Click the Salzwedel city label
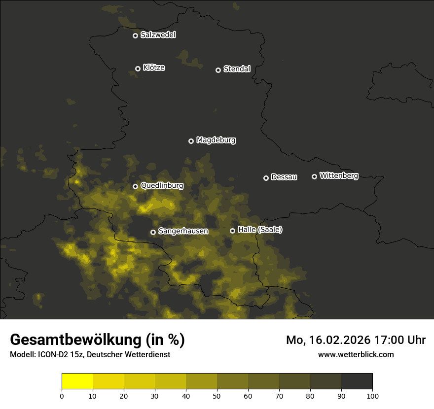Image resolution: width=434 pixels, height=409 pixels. click(x=158, y=35)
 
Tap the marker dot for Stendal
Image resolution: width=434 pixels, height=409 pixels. click(x=218, y=70)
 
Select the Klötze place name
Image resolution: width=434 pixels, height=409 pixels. click(x=154, y=68)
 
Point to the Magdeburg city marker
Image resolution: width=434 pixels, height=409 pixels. click(x=191, y=141)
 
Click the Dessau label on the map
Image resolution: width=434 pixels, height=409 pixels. click(x=284, y=177)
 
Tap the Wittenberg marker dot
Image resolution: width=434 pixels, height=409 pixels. click(x=314, y=176)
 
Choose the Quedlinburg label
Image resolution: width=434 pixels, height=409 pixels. click(x=162, y=186)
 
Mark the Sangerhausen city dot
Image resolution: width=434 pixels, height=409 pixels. click(x=153, y=232)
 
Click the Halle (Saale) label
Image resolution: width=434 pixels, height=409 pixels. click(x=260, y=230)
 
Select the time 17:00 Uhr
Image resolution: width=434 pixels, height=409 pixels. click(x=400, y=340)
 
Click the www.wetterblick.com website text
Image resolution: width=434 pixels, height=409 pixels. click(x=356, y=354)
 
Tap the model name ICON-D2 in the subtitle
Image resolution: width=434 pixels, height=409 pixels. click(x=53, y=354)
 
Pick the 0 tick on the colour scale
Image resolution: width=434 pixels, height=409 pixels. click(x=62, y=396)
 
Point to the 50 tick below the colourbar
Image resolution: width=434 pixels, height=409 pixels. click(x=217, y=396)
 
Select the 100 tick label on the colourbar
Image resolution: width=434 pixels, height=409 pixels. click(x=372, y=396)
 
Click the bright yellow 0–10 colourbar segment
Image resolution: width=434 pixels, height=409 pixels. click(x=77, y=381)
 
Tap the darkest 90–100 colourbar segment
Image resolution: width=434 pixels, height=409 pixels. click(x=357, y=381)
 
